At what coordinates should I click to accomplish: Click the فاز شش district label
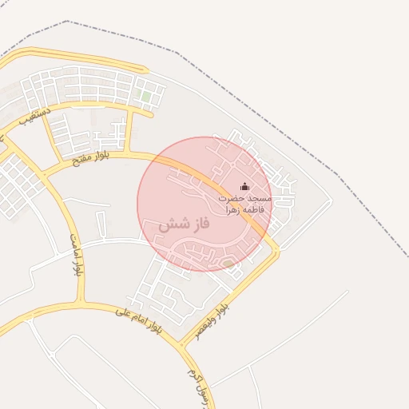click(x=184, y=224)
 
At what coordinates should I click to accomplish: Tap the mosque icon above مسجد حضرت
click(x=244, y=186)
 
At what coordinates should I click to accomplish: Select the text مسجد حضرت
click(x=244, y=197)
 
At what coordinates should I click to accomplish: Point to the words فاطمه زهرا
click(x=244, y=208)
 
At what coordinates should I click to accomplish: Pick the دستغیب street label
click(x=38, y=117)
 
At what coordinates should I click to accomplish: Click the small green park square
click(x=145, y=96)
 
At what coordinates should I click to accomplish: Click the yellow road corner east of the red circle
click(x=276, y=251)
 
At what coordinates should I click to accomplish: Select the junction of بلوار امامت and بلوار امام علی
click(x=80, y=301)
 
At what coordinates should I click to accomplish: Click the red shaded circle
click(x=204, y=204)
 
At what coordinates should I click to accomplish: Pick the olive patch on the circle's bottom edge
click(x=228, y=263)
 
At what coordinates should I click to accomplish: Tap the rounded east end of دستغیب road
click(x=149, y=113)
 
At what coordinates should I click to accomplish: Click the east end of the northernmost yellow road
click(x=145, y=69)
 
